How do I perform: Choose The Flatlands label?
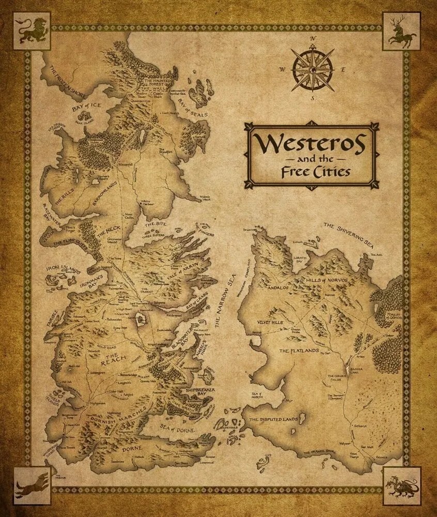tap(297, 351)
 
